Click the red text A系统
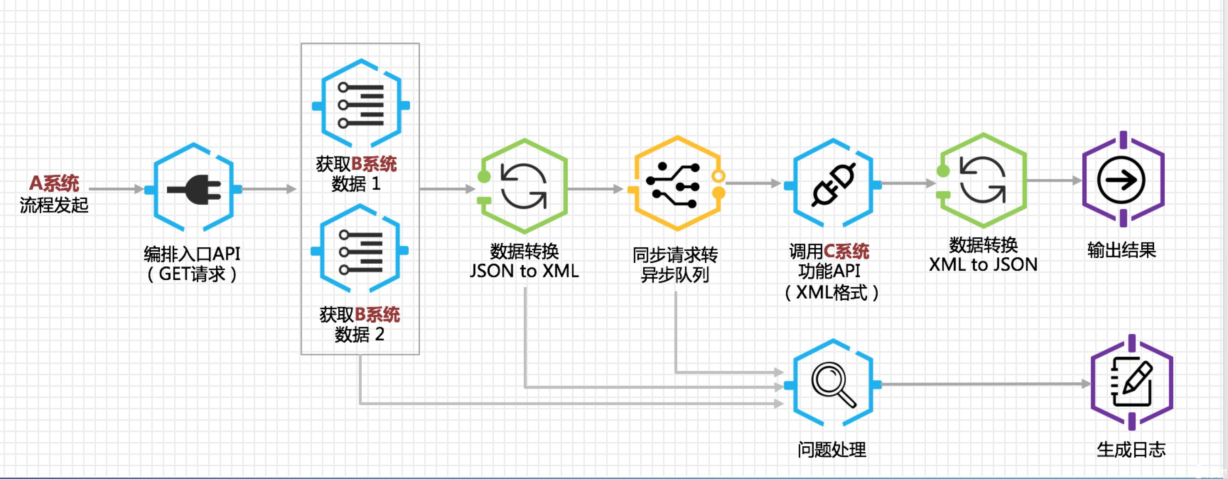pos(54,183)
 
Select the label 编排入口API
pos(192,254)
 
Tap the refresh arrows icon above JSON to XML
pos(523,186)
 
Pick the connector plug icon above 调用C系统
pos(833,184)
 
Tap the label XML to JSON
pos(983,264)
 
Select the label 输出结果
pos(1122,250)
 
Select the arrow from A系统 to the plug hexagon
pos(116,189)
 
